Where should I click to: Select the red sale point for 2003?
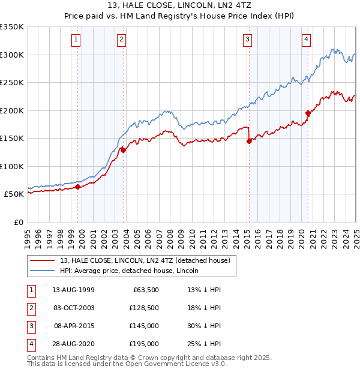[123, 151]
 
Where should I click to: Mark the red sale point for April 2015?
[249, 142]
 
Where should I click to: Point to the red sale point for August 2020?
[308, 113]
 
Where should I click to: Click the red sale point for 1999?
[78, 187]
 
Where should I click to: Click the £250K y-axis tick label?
[12, 83]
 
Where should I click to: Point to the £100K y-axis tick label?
[12, 166]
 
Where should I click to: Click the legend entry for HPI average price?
[129, 271]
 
